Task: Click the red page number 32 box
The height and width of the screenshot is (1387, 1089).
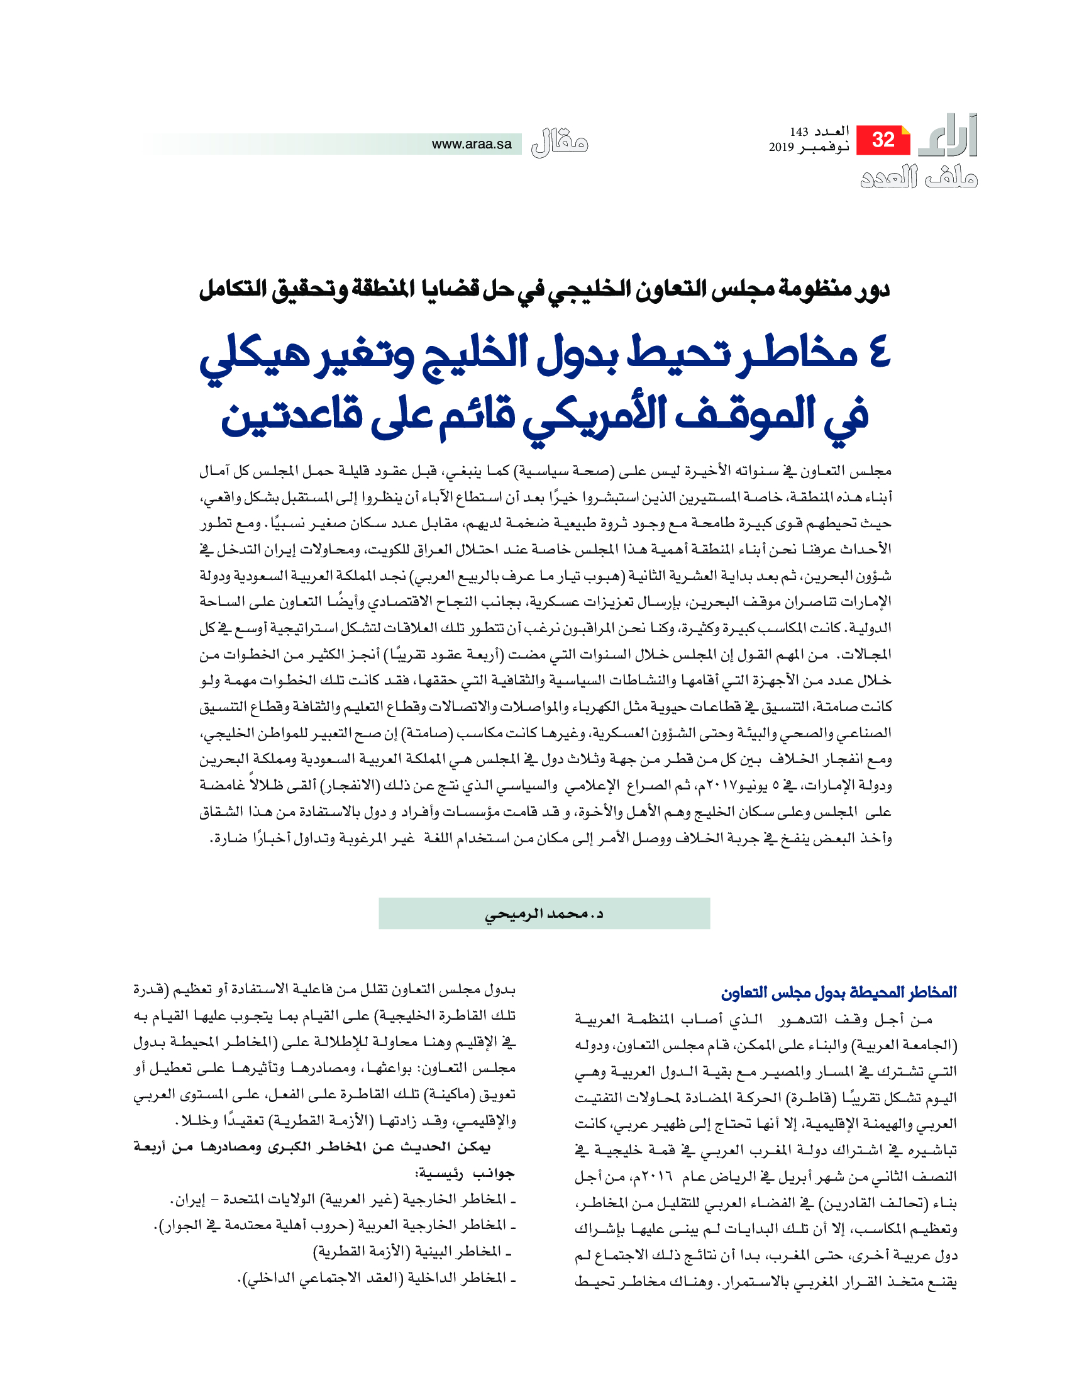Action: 882,140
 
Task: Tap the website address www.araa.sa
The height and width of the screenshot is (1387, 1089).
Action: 471,144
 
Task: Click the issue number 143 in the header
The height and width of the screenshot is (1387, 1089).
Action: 799,132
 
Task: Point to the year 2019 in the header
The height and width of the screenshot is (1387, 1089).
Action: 781,147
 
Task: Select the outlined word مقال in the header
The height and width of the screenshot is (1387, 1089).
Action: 559,143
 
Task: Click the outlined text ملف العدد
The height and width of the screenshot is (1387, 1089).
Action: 919,177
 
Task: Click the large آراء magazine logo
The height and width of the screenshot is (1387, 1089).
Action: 949,136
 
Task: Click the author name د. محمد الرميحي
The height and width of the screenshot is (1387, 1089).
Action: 544,914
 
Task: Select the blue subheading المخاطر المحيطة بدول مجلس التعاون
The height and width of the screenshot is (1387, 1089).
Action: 838,992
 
